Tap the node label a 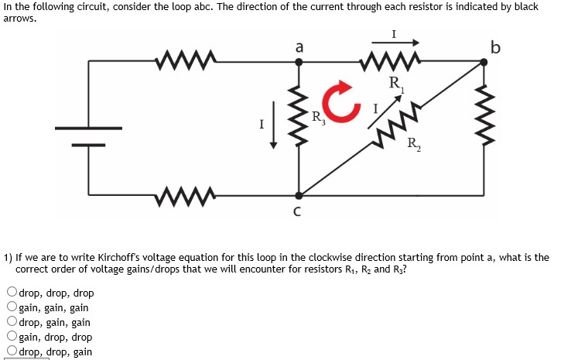pyautogui.click(x=299, y=47)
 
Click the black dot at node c pyautogui.click(x=299, y=196)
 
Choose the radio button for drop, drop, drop pyautogui.click(x=12, y=293)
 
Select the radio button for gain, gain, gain pyautogui.click(x=12, y=307)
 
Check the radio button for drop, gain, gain pyautogui.click(x=12, y=322)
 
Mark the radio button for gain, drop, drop pyautogui.click(x=12, y=337)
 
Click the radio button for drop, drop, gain pyautogui.click(x=12, y=351)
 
